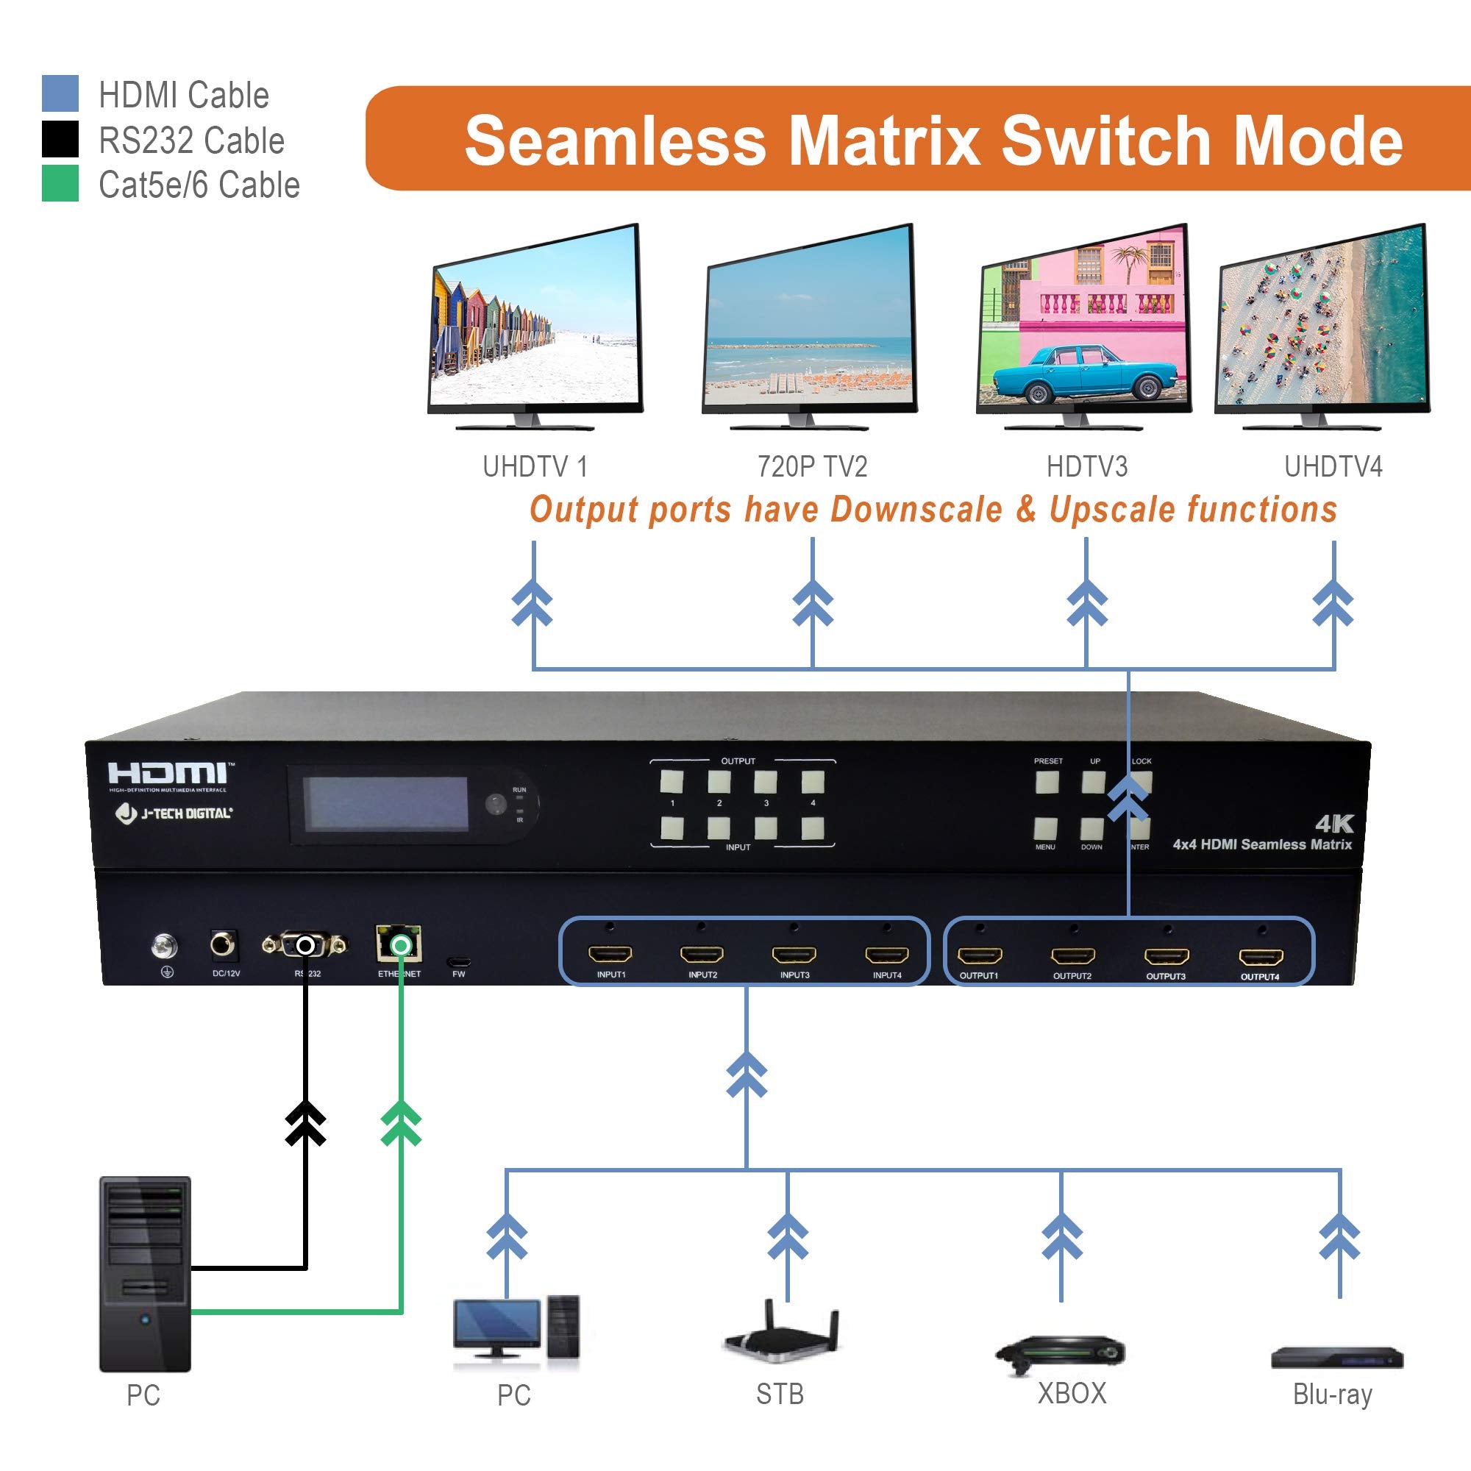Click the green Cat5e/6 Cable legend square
(60, 183)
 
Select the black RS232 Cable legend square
(60, 138)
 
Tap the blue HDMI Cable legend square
(60, 93)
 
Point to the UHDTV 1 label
(535, 466)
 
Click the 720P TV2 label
(813, 466)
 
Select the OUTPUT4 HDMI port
(1261, 956)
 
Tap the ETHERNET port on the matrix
(399, 945)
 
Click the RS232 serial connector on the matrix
(304, 946)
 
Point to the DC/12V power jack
(223, 946)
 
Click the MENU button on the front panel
(1045, 828)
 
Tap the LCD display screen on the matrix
(385, 805)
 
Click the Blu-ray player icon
(1337, 1358)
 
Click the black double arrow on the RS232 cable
(305, 1124)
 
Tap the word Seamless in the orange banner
(615, 141)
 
